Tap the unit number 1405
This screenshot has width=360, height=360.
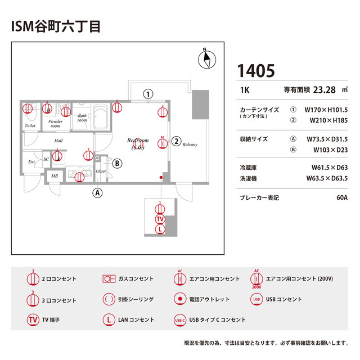click(x=256, y=71)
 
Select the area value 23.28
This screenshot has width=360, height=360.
click(x=324, y=89)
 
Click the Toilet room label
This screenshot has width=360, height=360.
click(x=30, y=125)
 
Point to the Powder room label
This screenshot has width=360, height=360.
click(x=55, y=124)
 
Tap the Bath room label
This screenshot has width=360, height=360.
click(x=82, y=118)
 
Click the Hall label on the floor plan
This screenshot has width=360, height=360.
click(x=58, y=141)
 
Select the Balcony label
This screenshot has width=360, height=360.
click(x=190, y=145)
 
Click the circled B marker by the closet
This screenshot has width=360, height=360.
click(x=117, y=164)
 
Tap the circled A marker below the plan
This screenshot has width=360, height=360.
click(x=98, y=192)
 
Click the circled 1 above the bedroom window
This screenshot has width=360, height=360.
click(x=148, y=94)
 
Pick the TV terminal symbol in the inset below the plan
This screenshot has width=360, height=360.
click(x=160, y=219)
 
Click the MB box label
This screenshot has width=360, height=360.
click(x=55, y=176)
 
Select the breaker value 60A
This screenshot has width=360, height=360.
click(x=341, y=198)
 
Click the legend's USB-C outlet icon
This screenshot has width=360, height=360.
click(x=179, y=319)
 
